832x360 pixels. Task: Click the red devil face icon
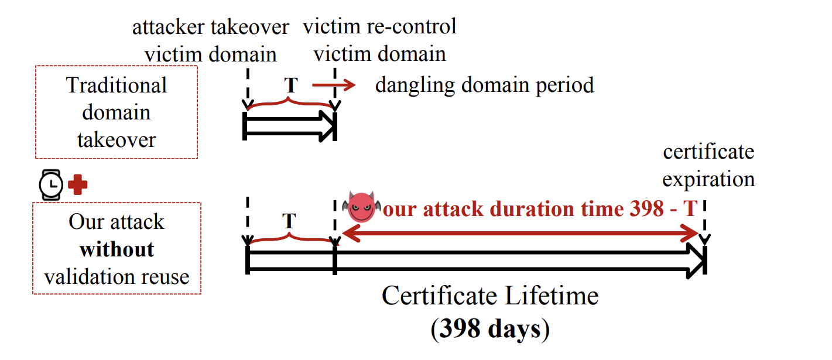pyautogui.click(x=361, y=207)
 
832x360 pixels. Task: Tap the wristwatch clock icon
pyautogui.click(x=51, y=184)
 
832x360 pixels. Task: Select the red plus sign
pyautogui.click(x=78, y=184)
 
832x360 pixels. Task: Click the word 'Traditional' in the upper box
pyautogui.click(x=117, y=85)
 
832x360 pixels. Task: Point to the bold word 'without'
pyautogui.click(x=117, y=249)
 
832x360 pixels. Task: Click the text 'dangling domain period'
pyautogui.click(x=484, y=85)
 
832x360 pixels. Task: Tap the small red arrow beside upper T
pyautogui.click(x=334, y=85)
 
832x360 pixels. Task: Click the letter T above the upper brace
pyautogui.click(x=291, y=85)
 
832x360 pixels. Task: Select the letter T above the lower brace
pyautogui.click(x=289, y=221)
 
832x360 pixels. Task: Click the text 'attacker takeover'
pyautogui.click(x=211, y=27)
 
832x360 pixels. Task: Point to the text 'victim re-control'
pyautogui.click(x=379, y=26)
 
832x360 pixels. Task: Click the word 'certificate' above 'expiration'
pyautogui.click(x=708, y=152)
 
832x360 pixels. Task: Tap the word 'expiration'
pyautogui.click(x=708, y=180)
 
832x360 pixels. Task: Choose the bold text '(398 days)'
pyautogui.click(x=490, y=329)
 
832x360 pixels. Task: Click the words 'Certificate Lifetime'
pyautogui.click(x=490, y=296)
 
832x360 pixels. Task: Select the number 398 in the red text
pyautogui.click(x=646, y=208)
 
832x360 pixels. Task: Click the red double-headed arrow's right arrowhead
pyautogui.click(x=690, y=234)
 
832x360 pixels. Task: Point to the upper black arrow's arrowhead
pyautogui.click(x=327, y=126)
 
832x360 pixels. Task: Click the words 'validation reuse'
pyautogui.click(x=117, y=277)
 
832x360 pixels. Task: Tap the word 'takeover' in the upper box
pyautogui.click(x=117, y=140)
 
